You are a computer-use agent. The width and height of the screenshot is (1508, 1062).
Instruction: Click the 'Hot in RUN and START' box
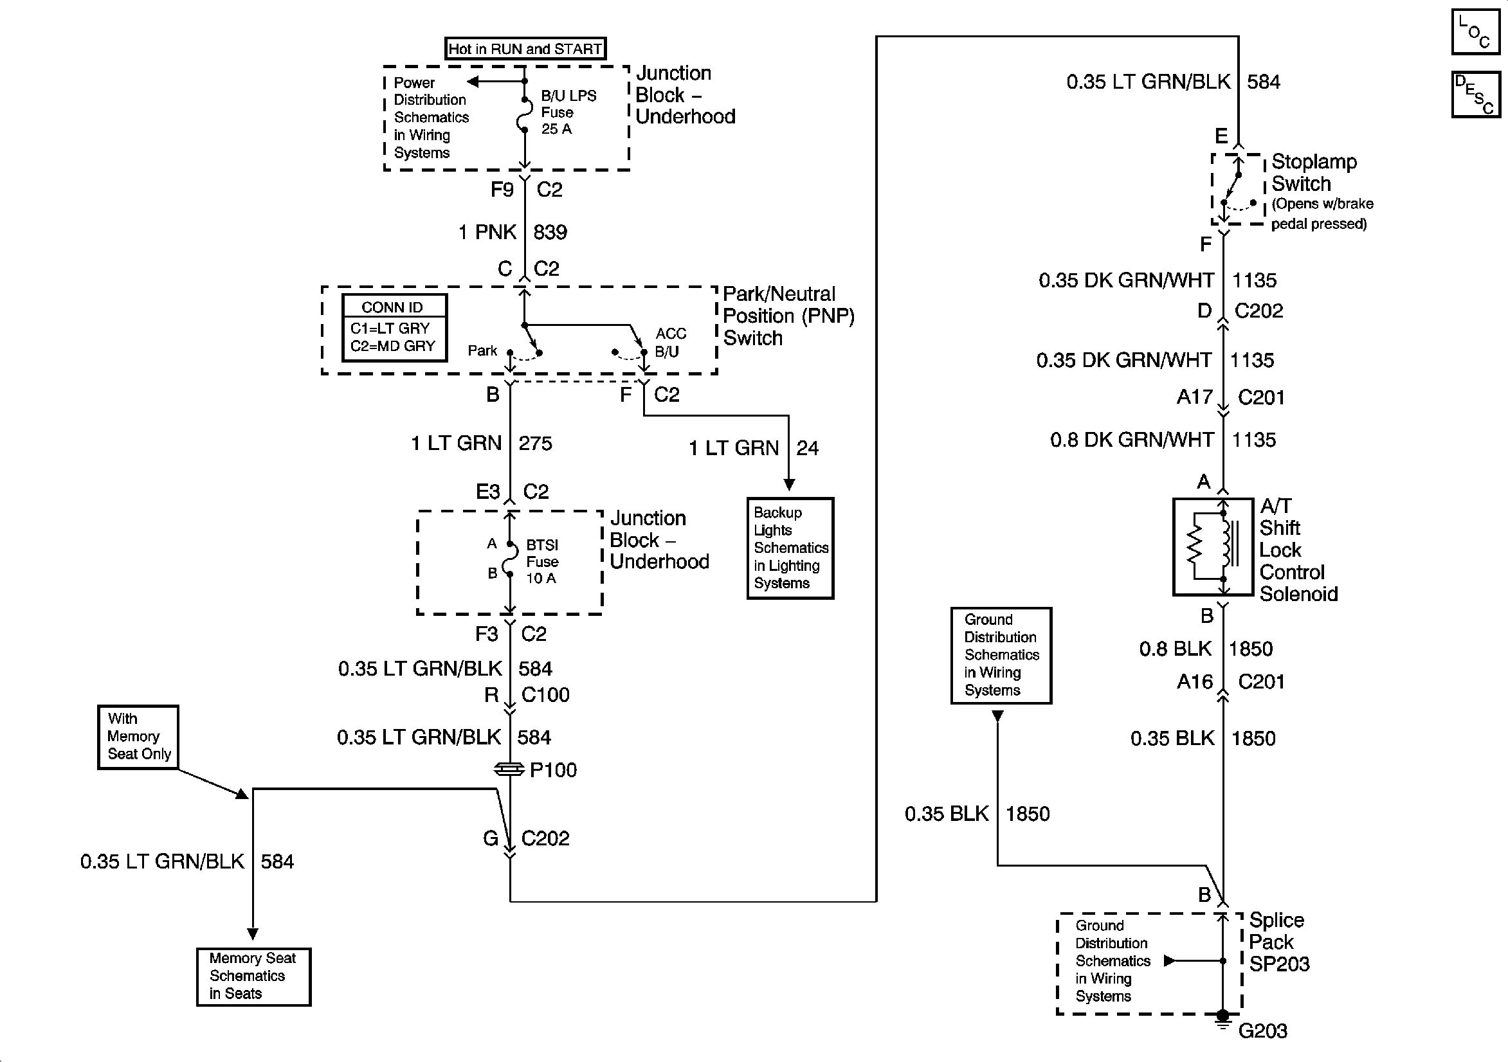click(525, 49)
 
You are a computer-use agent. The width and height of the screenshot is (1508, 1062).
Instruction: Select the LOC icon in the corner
click(1475, 32)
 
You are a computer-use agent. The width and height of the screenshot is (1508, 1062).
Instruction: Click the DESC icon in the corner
click(1475, 94)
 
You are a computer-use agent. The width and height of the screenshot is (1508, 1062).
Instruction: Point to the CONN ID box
click(394, 327)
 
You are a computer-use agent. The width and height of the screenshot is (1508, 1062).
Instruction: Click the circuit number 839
click(550, 232)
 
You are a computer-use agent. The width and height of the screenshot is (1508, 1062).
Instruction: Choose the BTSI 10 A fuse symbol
click(510, 559)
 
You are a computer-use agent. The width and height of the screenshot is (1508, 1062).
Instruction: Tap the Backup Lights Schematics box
click(790, 548)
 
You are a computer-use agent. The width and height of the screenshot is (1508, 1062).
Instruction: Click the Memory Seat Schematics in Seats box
click(253, 976)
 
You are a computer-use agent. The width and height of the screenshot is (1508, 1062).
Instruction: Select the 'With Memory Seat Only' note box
click(138, 736)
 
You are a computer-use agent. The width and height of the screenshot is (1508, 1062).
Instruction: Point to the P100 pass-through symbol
click(510, 769)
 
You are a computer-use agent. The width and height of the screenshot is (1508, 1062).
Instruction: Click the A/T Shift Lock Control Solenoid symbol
click(1212, 547)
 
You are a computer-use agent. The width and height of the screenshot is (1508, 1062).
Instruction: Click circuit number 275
click(535, 444)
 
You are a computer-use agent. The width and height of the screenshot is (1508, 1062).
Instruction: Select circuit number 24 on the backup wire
click(807, 448)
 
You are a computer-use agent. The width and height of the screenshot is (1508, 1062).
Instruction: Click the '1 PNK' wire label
click(487, 232)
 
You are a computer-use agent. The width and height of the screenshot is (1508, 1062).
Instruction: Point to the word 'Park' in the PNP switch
click(482, 351)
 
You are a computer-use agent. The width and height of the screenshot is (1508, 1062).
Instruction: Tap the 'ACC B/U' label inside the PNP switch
click(670, 342)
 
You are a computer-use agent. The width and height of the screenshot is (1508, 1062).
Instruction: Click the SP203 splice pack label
click(1278, 942)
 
